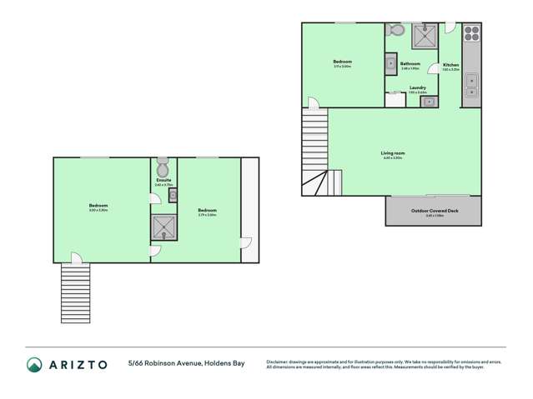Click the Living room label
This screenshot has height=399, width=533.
tap(393, 153)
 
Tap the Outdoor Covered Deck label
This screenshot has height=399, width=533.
tap(434, 210)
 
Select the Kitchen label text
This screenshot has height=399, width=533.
tap(450, 65)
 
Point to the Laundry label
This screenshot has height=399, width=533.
tap(418, 87)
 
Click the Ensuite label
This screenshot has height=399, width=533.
tap(163, 180)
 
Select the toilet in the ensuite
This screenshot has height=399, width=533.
tap(163, 167)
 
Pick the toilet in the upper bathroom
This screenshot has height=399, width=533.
tap(397, 31)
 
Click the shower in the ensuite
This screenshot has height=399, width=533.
tap(163, 227)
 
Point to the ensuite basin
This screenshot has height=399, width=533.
tap(172, 195)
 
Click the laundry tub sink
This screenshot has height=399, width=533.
tap(428, 102)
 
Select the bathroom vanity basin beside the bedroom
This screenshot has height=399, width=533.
tap(390, 63)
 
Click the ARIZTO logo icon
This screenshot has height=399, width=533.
tap(34, 364)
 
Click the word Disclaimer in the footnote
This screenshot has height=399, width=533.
tap(279, 362)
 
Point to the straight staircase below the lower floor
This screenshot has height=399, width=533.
tap(75, 292)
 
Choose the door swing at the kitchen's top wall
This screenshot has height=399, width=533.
tap(450, 28)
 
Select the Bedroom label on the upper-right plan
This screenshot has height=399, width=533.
tap(342, 62)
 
